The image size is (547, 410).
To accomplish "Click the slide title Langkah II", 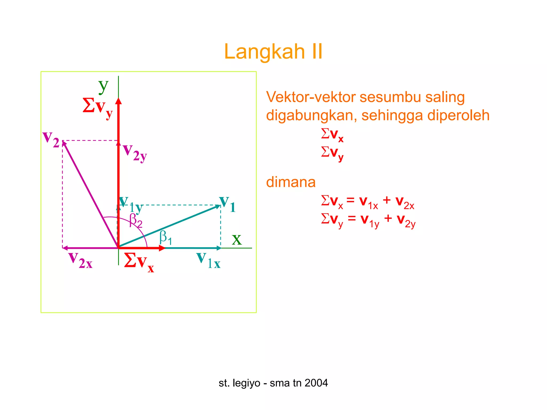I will tap(273, 52).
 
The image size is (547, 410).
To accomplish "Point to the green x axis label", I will tap(237, 239).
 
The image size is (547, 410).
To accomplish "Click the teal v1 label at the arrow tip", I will tap(227, 204).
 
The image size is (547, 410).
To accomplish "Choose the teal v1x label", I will tap(208, 261).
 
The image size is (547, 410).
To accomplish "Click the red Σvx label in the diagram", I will tap(139, 262).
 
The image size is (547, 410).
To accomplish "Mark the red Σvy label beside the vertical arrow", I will tap(98, 107).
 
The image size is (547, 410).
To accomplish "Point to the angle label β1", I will tap(166, 237).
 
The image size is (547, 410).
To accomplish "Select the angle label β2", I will tap(136, 220).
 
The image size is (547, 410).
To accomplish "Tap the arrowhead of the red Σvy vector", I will tap(118, 101).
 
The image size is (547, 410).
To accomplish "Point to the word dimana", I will tap(291, 182).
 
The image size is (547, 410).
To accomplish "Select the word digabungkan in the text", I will tap(311, 115).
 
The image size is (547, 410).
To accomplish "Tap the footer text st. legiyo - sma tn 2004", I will tap(273, 383).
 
